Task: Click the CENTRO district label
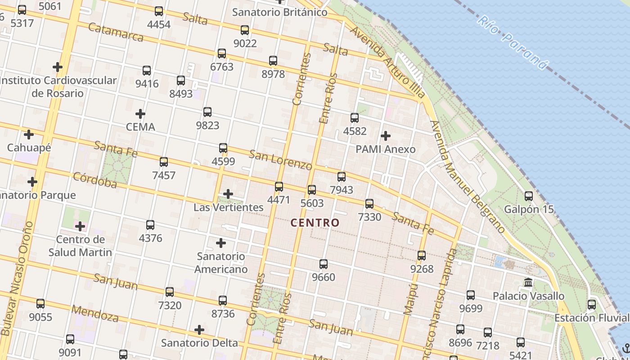315,222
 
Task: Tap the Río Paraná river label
513,43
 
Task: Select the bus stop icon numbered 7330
369,204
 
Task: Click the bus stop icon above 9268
422,256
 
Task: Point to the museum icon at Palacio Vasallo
528,283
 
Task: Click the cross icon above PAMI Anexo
386,135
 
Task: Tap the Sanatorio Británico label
279,12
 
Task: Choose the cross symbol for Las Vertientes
228,194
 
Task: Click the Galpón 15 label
529,209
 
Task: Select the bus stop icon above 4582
355,118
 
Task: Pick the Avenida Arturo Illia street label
388,62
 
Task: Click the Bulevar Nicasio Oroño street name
17,279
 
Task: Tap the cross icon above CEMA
140,113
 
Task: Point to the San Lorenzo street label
280,160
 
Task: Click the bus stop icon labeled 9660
324,264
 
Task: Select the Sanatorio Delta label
199,342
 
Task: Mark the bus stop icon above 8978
273,61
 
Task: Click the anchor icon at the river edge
625,348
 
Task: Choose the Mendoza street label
95,314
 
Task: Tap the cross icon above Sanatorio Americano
221,243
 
